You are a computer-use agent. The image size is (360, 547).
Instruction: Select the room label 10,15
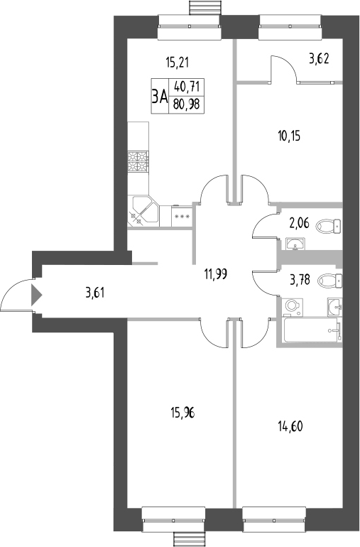pos(289,135)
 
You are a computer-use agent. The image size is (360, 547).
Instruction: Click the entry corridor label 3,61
pos(95,291)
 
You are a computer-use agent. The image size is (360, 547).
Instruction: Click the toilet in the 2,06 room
pos(328,227)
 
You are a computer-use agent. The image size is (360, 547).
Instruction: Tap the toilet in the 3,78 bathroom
pos(329,279)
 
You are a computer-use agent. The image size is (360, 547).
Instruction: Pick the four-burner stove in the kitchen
pos(138,162)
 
